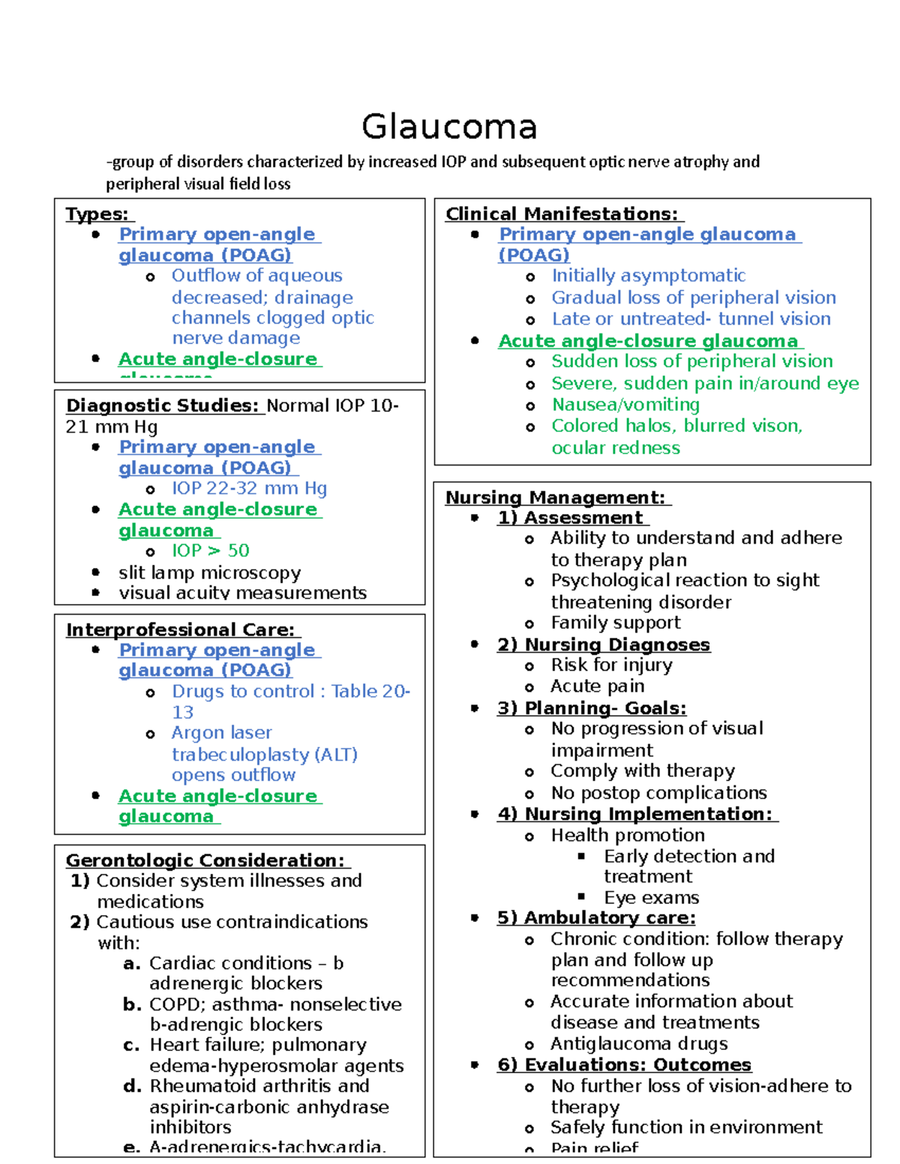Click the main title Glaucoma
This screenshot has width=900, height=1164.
click(449, 127)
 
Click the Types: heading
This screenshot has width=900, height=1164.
click(97, 214)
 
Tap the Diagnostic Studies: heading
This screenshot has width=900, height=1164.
click(163, 405)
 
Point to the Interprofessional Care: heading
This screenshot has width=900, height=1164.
click(181, 630)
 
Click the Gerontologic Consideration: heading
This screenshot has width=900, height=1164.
click(205, 860)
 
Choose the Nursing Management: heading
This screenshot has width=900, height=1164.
click(556, 498)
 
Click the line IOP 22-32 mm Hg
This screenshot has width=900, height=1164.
click(249, 489)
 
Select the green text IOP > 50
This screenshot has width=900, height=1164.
click(210, 551)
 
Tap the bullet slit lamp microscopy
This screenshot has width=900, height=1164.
click(209, 573)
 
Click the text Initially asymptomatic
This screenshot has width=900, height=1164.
click(648, 276)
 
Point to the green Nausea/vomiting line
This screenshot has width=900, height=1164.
click(625, 405)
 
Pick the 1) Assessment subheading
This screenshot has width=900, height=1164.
click(571, 518)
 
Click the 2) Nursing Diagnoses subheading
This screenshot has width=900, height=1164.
click(604, 645)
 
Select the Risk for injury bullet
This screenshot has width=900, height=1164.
click(611, 665)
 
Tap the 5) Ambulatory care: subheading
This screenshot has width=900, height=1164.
click(596, 918)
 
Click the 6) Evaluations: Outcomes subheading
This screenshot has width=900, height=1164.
click(624, 1065)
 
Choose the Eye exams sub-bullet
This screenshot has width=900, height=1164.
click(651, 898)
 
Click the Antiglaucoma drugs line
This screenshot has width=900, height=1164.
click(639, 1044)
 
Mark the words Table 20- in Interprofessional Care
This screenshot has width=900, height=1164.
click(370, 691)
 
